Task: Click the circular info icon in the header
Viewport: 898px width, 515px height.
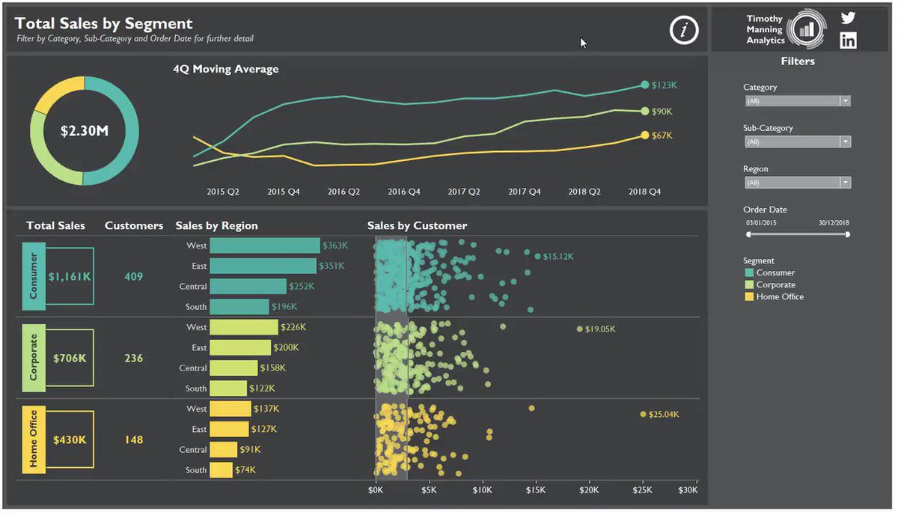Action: pyautogui.click(x=684, y=30)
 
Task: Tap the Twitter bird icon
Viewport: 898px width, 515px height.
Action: pyautogui.click(x=848, y=18)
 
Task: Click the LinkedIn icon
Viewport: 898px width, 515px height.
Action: pyautogui.click(x=849, y=40)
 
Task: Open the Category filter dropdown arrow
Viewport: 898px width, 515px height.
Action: pyautogui.click(x=845, y=100)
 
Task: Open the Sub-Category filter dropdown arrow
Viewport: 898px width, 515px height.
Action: pyautogui.click(x=845, y=141)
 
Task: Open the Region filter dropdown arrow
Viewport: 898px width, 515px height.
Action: pyautogui.click(x=845, y=183)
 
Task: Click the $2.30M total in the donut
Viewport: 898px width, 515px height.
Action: pyautogui.click(x=85, y=131)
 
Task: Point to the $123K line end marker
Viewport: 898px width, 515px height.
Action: pyautogui.click(x=644, y=85)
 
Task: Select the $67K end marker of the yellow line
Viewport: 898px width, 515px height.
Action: pyautogui.click(x=644, y=135)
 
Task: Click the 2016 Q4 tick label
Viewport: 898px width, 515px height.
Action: pyautogui.click(x=403, y=192)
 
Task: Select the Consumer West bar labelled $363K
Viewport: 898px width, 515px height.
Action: pyautogui.click(x=265, y=246)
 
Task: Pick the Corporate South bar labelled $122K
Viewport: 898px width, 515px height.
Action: pyautogui.click(x=228, y=388)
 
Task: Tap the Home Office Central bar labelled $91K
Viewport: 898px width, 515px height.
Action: pyautogui.click(x=223, y=450)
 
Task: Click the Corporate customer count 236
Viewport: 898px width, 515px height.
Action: pyautogui.click(x=133, y=358)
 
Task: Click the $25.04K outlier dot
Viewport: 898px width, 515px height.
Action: pyautogui.click(x=643, y=414)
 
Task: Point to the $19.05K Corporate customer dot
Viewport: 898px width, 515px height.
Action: pyautogui.click(x=579, y=329)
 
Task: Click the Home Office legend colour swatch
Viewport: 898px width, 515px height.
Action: pyautogui.click(x=749, y=297)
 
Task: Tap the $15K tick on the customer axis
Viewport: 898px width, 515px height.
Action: pyautogui.click(x=536, y=490)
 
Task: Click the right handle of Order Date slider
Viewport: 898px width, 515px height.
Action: pyautogui.click(x=847, y=234)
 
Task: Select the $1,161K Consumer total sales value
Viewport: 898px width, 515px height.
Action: pyautogui.click(x=70, y=276)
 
